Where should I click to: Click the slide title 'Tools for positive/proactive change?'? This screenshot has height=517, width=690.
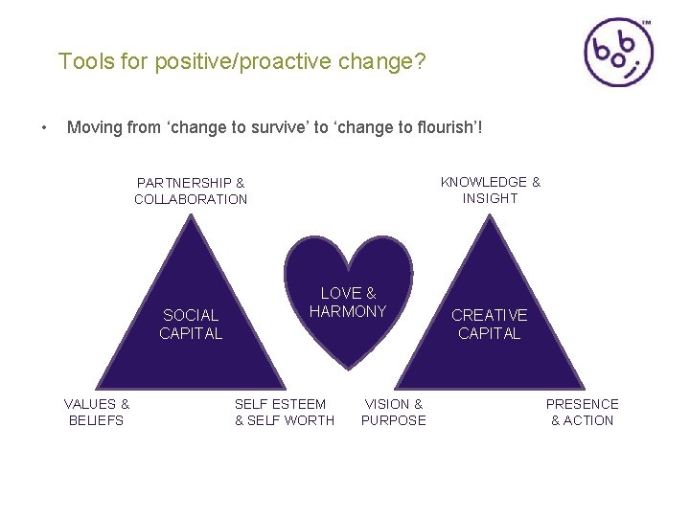tap(241, 62)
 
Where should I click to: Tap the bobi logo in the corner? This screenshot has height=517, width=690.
tap(618, 53)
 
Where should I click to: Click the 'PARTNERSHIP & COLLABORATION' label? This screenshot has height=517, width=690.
tap(191, 191)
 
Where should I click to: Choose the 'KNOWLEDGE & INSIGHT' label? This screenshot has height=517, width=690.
tap(490, 190)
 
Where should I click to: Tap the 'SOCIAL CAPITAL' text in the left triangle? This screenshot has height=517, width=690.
tap(191, 324)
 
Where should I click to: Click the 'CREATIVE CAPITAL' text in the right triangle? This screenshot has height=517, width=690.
tap(489, 324)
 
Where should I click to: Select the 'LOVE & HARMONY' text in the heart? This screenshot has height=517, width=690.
tap(348, 302)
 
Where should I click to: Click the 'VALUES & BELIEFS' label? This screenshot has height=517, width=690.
tap(96, 412)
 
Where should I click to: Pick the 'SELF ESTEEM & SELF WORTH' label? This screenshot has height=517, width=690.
tap(285, 412)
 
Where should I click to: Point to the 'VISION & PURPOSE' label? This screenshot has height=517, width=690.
tap(393, 412)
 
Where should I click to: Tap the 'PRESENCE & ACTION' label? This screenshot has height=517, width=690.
tap(582, 412)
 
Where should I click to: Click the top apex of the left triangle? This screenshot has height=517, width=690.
tap(195, 215)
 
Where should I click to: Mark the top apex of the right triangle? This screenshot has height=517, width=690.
tap(492, 215)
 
